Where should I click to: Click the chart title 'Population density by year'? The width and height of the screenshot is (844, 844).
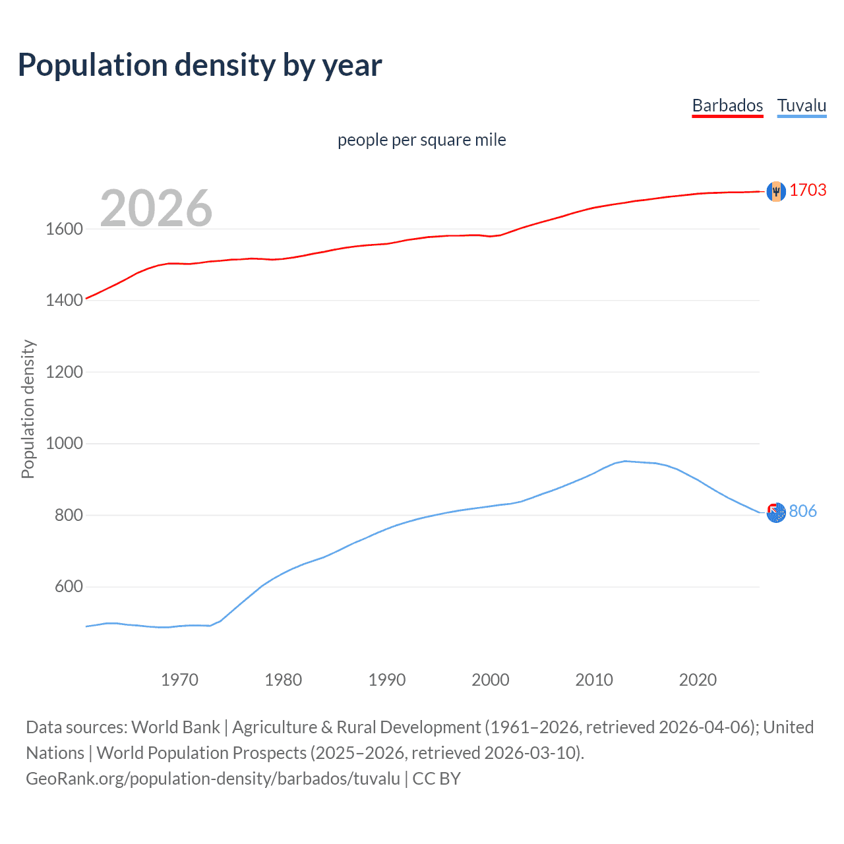(x=200, y=65)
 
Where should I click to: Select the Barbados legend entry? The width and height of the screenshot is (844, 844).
(x=727, y=105)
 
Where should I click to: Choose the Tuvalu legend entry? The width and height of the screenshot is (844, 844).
(x=801, y=105)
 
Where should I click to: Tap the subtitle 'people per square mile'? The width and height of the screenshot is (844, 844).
(x=421, y=140)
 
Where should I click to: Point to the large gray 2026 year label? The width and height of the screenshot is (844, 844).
(x=156, y=208)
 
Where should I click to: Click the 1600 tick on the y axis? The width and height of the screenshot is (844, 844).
(x=64, y=229)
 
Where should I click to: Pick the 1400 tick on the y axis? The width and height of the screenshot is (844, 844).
(x=64, y=300)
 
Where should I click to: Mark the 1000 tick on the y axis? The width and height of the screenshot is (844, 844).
(x=64, y=443)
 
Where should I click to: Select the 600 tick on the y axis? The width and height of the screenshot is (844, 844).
(x=69, y=586)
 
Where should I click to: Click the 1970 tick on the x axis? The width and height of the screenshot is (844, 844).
(x=179, y=680)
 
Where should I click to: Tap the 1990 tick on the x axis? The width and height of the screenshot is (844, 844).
(x=387, y=680)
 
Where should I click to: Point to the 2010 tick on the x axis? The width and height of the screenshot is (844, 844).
(x=594, y=680)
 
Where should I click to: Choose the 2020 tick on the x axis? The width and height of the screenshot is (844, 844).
(x=698, y=680)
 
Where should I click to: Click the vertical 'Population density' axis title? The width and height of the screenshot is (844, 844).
(x=28, y=409)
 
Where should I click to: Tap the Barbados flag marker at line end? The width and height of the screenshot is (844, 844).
(x=776, y=191)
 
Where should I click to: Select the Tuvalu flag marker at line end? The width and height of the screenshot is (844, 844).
(x=776, y=512)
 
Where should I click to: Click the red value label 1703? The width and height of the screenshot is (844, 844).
(x=808, y=190)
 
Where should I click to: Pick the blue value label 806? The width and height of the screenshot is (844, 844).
(x=802, y=511)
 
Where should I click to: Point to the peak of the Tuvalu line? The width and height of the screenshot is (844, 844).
(x=625, y=461)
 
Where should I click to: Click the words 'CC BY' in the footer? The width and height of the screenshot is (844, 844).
(x=437, y=779)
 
